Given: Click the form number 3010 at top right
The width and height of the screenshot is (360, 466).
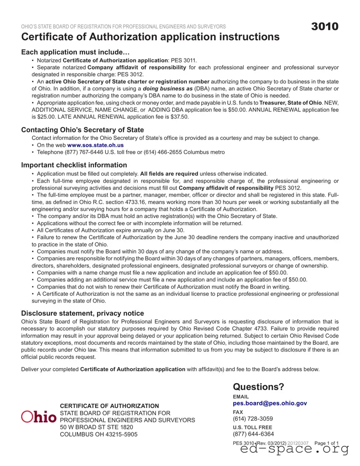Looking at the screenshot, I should [325, 26].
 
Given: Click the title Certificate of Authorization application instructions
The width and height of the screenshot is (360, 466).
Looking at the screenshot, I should [150, 37].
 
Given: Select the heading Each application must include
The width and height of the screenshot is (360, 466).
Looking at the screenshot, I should [75, 52].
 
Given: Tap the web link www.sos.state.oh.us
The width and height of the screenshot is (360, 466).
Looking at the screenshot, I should [96, 145].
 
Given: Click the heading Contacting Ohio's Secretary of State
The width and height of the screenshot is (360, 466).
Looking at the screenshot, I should [82, 130].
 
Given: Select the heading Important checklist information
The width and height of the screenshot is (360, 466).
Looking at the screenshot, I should [74, 165].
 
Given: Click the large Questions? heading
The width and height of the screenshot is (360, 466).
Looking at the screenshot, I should [258, 387].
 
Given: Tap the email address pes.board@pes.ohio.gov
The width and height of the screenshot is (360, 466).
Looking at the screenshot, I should [270, 403].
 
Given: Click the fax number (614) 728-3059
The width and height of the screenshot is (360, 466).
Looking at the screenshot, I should [253, 419].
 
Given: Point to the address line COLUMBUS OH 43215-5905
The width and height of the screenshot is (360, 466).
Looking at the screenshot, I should [99, 434].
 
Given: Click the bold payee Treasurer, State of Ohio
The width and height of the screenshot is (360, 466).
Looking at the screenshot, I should [297, 103].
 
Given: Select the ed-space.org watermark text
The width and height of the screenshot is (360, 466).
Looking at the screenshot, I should [294, 449].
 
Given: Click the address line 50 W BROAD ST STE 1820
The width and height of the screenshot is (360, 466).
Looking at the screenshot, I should [96, 427].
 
